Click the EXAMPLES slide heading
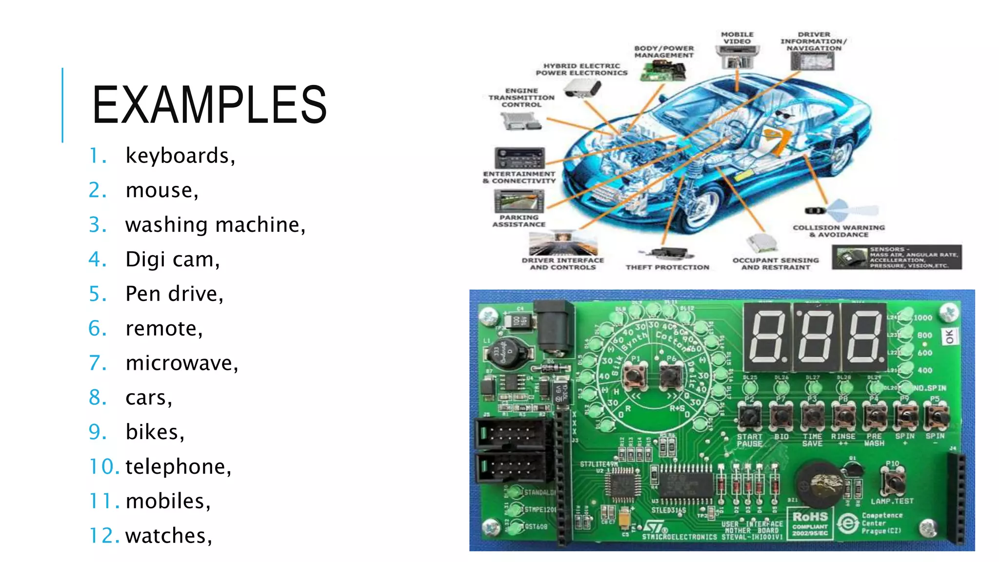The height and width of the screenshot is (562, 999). point(209,104)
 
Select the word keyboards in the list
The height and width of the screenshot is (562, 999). point(180,156)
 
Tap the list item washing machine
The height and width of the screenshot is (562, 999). point(215,225)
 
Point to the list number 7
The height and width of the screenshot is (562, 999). point(98,363)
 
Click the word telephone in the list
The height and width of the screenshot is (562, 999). point(178,467)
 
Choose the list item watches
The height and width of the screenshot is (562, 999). point(168,536)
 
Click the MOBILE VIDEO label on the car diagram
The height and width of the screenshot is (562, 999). point(737,38)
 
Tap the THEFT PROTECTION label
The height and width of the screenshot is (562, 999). point(667,267)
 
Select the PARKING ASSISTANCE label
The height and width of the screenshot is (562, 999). point(519,221)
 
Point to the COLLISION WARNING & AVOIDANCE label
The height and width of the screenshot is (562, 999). point(839,231)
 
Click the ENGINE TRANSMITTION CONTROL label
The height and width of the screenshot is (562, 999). point(521,98)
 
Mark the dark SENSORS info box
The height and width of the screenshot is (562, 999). point(897,257)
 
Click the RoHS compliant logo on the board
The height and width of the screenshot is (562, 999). point(810,523)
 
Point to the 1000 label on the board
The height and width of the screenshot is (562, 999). point(922,318)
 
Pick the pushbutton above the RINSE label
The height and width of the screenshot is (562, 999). point(843,416)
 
